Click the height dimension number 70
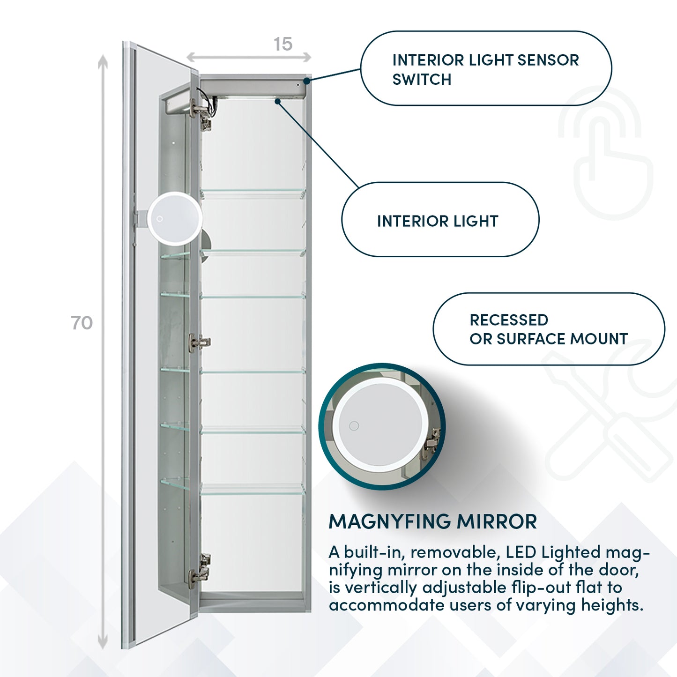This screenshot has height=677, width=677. pyautogui.click(x=82, y=323)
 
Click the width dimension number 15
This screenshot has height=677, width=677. pyautogui.click(x=283, y=44)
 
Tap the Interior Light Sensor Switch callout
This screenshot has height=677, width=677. pyautogui.click(x=485, y=69)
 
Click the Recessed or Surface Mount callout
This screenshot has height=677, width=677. pyautogui.click(x=548, y=329)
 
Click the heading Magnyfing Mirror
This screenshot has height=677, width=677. pyautogui.click(x=432, y=521)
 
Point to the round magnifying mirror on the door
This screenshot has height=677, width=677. pyautogui.click(x=174, y=218)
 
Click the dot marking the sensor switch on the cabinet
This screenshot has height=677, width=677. pyautogui.click(x=307, y=81)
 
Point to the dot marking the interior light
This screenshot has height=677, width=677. pyautogui.click(x=278, y=101)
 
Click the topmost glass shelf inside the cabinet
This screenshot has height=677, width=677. pyautogui.click(x=253, y=191)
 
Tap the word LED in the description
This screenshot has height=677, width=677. pyautogui.click(x=521, y=552)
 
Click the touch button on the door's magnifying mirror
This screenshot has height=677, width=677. pyautogui.click(x=160, y=219)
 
